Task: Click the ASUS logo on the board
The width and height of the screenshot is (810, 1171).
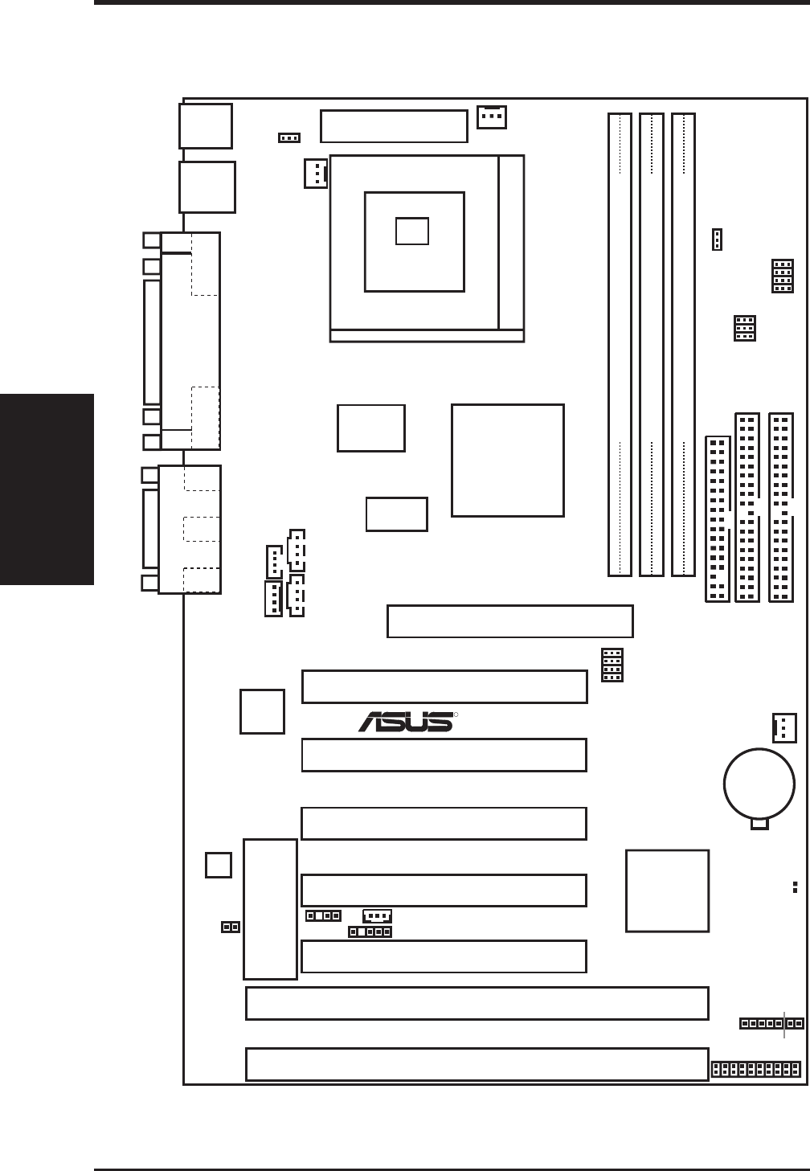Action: (x=406, y=721)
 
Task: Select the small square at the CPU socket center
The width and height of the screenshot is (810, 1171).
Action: (x=412, y=231)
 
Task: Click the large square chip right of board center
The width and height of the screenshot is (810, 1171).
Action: (x=508, y=460)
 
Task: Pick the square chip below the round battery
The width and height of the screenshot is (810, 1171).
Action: (x=667, y=891)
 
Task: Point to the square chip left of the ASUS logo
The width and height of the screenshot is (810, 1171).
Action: (x=262, y=710)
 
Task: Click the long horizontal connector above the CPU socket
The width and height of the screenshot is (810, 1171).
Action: (x=394, y=125)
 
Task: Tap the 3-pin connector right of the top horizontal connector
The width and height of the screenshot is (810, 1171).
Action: (x=492, y=117)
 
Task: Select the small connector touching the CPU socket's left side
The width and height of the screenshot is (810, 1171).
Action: (x=316, y=173)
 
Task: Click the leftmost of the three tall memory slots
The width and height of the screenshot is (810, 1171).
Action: (x=620, y=346)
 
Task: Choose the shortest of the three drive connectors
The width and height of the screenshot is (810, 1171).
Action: (x=717, y=518)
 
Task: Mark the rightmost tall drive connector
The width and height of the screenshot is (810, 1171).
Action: (x=780, y=507)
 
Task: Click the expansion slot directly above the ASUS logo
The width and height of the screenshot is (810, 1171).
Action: (x=444, y=686)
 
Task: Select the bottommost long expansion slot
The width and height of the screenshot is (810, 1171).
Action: (x=477, y=1064)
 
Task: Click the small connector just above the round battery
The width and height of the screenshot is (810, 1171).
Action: (x=783, y=727)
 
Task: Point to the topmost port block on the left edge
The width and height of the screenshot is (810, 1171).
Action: (x=207, y=125)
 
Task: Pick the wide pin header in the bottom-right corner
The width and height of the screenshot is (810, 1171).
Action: (x=756, y=1069)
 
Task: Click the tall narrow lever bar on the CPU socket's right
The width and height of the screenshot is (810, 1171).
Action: (x=511, y=241)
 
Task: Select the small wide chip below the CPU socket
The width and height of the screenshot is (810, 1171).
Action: (x=396, y=514)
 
